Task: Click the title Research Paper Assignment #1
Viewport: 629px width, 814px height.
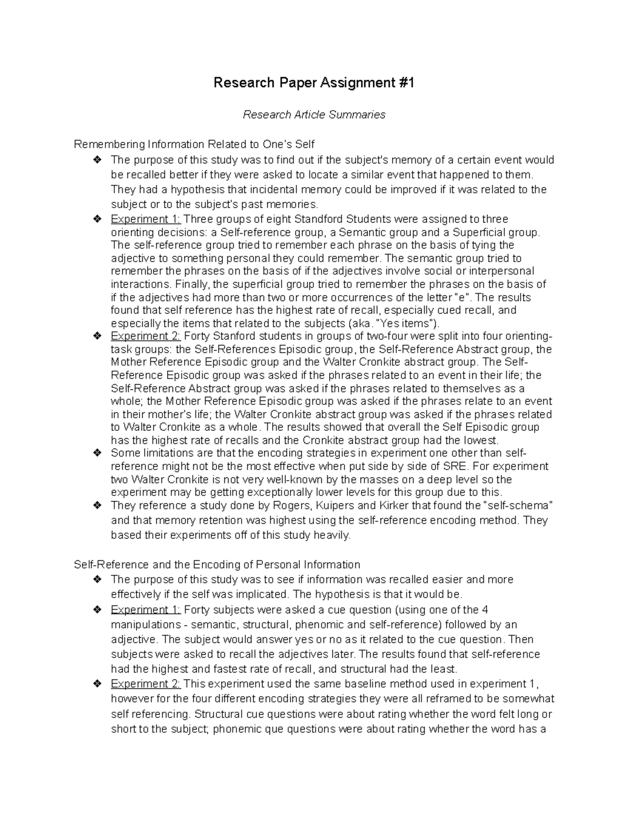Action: coord(314,83)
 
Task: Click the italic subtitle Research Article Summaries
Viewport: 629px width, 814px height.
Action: coord(314,114)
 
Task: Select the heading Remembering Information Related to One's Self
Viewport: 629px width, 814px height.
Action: coord(194,144)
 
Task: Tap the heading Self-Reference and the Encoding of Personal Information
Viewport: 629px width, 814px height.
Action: coord(217,565)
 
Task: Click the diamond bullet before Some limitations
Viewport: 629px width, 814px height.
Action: coord(96,453)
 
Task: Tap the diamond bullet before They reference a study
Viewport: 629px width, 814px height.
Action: coord(96,506)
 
